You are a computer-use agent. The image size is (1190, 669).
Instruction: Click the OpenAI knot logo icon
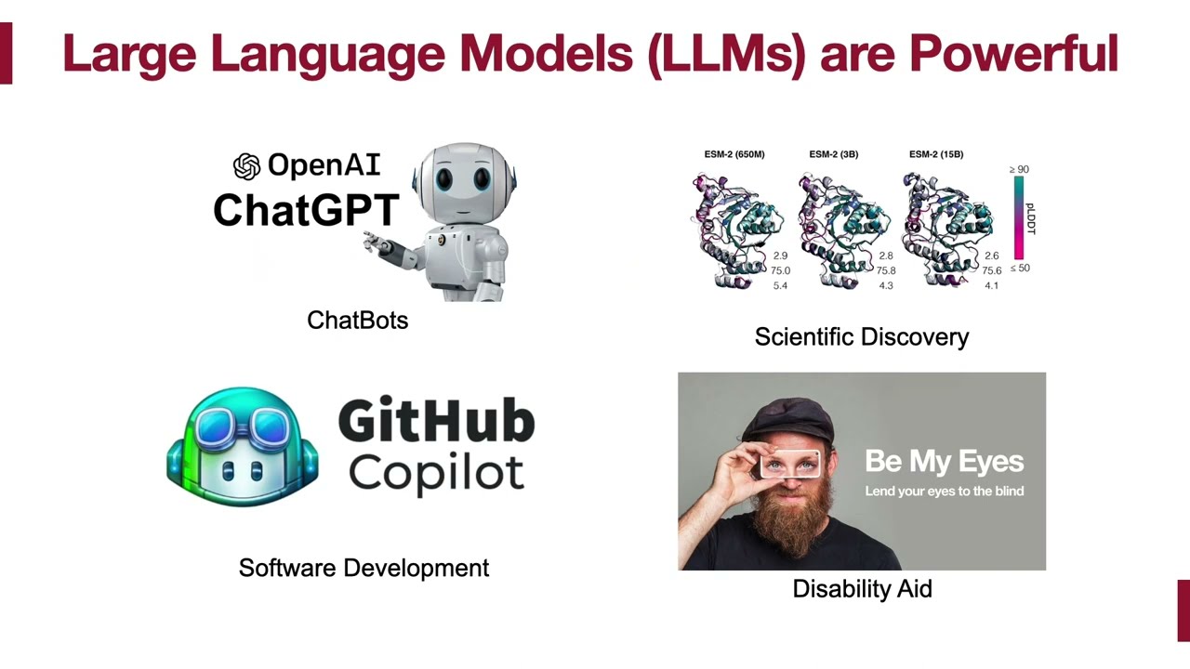246,166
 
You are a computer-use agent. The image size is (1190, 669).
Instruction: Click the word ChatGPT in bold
306,210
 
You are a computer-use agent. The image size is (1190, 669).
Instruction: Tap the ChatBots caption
357,321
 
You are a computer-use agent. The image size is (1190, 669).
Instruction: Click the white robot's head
462,182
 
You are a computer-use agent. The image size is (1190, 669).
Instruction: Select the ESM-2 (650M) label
734,154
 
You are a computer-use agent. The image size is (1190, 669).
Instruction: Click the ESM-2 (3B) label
833,154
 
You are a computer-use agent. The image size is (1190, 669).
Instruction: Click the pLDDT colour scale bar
1019,218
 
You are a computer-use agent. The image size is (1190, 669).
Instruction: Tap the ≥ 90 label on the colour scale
1019,169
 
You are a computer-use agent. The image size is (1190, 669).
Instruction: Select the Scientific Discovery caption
861,337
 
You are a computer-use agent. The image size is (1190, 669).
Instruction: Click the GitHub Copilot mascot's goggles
243,424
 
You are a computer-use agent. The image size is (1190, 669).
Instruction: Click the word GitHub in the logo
436,423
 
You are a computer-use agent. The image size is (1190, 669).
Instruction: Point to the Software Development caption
364,568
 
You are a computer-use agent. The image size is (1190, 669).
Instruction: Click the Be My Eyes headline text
944,461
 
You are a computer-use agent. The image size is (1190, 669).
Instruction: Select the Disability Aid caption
862,589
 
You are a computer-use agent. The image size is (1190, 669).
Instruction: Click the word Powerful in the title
1013,54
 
